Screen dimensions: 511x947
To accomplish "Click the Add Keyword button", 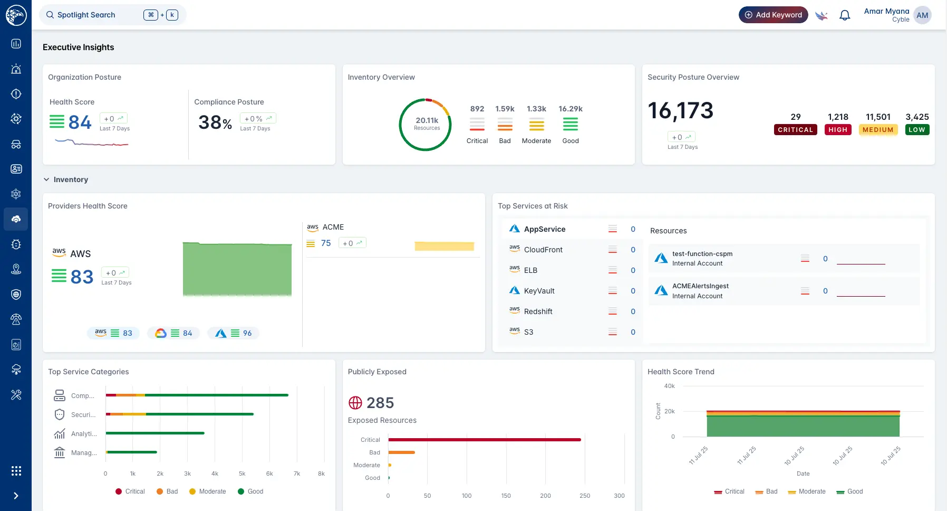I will click(773, 15).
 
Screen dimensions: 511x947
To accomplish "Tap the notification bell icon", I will click(845, 15).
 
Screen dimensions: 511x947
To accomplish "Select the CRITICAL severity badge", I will click(795, 130).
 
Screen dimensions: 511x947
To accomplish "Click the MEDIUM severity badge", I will click(878, 130).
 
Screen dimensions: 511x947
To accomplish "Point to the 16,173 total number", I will click(680, 111).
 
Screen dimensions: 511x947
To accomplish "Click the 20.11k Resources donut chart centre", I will click(426, 124).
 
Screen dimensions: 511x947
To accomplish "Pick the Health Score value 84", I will click(80, 122).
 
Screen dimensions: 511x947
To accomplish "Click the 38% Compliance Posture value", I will click(215, 123).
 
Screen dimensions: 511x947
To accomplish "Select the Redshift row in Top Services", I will click(538, 311).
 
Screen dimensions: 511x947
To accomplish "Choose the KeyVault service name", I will click(539, 291).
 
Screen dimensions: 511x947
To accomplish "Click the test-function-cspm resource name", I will click(702, 254).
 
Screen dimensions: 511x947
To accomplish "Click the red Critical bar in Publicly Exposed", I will click(484, 440).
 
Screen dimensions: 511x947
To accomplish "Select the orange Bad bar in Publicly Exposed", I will click(401, 452).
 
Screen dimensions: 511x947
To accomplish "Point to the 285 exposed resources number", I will click(380, 403).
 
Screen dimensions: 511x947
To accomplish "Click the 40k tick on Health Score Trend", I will click(669, 386).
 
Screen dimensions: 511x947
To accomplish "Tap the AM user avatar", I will click(922, 15).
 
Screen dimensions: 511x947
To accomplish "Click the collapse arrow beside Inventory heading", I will click(46, 179).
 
